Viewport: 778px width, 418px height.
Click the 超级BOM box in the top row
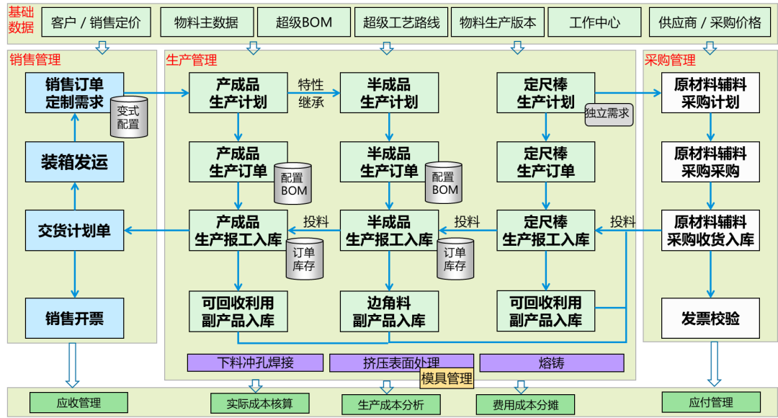pos(303,22)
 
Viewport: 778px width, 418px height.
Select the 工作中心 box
pos(594,22)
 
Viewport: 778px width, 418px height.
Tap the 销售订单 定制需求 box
pos(74,93)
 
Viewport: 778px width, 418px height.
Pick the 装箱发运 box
pos(74,161)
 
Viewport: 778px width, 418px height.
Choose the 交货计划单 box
pos(74,231)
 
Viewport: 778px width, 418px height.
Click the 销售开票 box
pos(74,319)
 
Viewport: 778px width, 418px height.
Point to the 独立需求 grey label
pos(607,113)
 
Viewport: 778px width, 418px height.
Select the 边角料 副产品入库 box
pos(389,311)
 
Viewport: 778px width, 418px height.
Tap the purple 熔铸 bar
pos(551,363)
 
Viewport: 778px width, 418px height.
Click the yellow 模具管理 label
pos(447,378)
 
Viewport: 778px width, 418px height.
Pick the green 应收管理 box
pos(79,402)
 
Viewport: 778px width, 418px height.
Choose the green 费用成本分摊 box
pos(525,404)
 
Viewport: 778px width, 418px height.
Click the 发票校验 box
pos(710,319)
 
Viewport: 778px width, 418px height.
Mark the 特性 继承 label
pos(311,93)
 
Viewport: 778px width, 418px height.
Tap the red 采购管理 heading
pos(670,60)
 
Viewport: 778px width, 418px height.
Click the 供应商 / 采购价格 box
pos(710,22)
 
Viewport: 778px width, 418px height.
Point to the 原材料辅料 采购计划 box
pos(710,93)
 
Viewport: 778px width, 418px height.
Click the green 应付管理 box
pos(710,402)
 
